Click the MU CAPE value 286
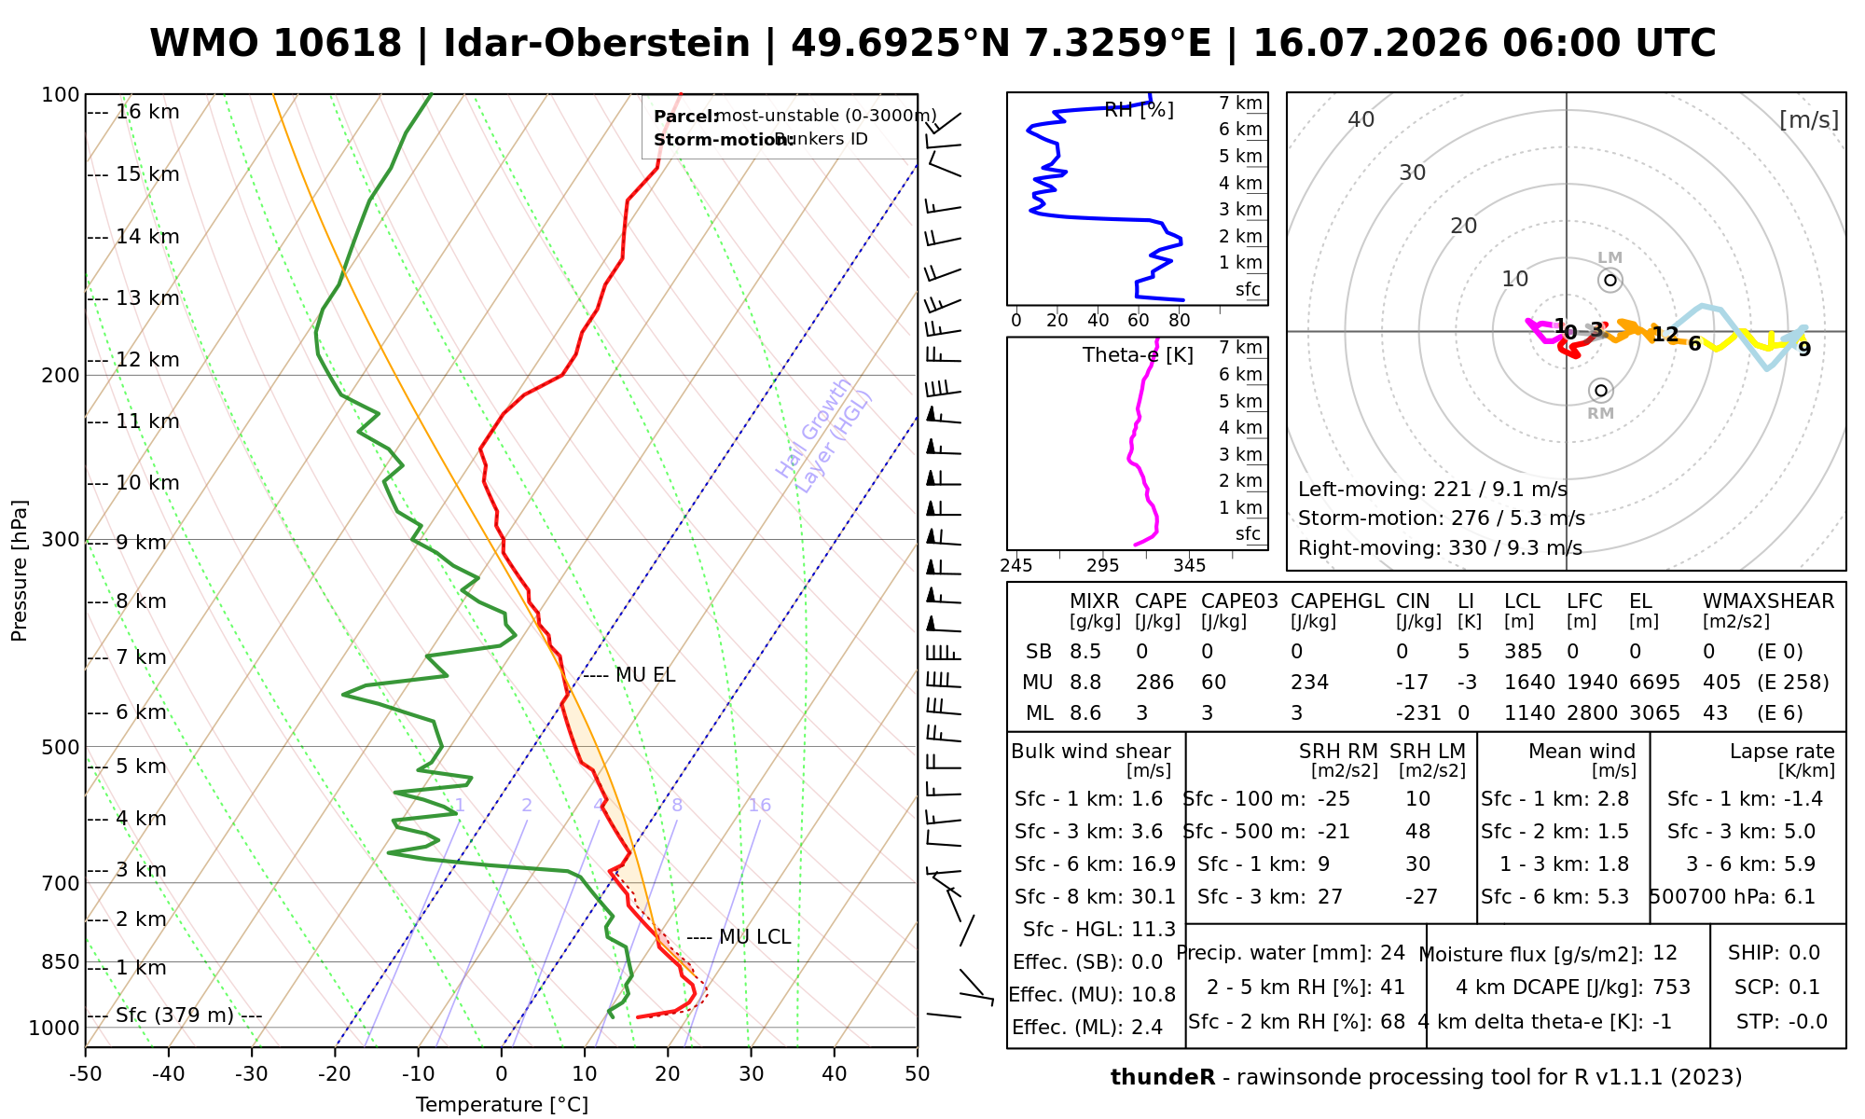1154,683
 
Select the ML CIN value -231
1418,713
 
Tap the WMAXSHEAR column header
1768,601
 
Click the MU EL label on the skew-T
645,675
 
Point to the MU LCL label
755,937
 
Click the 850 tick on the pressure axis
62,961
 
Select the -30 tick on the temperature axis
252,1074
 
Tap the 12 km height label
147,360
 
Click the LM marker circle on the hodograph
1610,281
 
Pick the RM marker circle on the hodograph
1601,391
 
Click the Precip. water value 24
1392,953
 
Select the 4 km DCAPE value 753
1671,988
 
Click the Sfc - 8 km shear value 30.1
1154,897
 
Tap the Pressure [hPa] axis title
20,571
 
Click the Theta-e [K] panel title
1138,355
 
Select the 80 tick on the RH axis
1180,321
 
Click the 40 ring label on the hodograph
1361,119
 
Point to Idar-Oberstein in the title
597,44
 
